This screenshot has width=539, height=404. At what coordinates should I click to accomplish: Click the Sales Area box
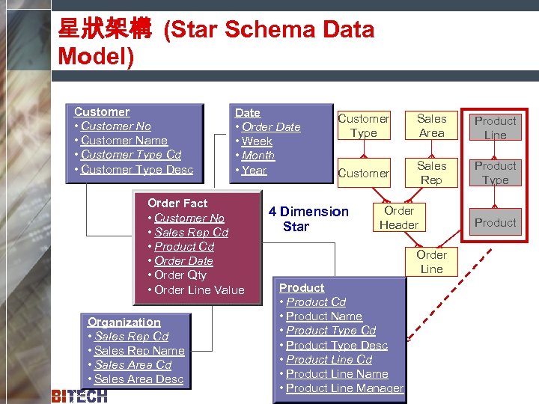(x=431, y=126)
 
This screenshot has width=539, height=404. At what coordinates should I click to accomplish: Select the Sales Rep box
(x=431, y=173)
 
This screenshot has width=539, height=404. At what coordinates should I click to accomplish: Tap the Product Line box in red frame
(x=495, y=128)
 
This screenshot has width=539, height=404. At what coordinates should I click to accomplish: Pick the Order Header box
(x=399, y=218)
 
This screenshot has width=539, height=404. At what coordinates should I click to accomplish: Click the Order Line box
(x=431, y=262)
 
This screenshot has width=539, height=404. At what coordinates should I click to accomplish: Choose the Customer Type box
(x=363, y=126)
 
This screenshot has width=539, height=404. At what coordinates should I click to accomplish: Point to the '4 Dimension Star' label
(x=308, y=219)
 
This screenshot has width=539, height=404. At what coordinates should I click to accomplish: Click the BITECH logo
(x=79, y=396)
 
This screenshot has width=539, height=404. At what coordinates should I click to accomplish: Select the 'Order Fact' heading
(x=177, y=203)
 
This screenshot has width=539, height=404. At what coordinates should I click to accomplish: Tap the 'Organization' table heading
(x=124, y=322)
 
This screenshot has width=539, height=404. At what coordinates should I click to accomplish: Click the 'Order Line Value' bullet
(x=199, y=290)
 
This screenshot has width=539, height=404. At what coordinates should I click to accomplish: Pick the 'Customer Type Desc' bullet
(x=136, y=169)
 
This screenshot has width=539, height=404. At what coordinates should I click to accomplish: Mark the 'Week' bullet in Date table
(x=257, y=141)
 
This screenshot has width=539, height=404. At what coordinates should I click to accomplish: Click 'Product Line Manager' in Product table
(x=344, y=388)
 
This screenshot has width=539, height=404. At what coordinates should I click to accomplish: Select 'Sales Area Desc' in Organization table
(x=138, y=379)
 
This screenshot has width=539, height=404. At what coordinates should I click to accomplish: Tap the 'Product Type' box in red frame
(x=495, y=173)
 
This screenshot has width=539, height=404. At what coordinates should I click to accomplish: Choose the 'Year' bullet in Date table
(x=254, y=170)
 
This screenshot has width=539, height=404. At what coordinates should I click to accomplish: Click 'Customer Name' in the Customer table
(x=124, y=141)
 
